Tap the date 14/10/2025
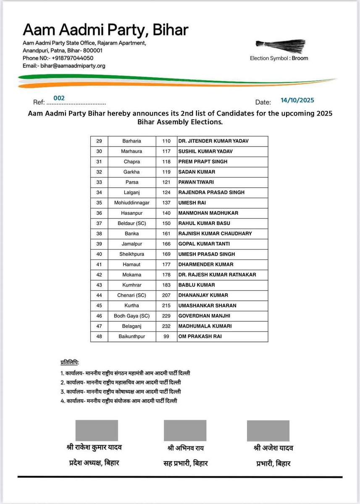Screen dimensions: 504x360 click(x=297, y=100)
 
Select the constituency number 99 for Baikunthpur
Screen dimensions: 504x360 click(x=166, y=336)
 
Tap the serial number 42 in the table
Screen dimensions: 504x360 click(x=99, y=275)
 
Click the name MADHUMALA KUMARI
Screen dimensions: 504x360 click(x=205, y=326)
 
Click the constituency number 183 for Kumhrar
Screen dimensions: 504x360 click(x=166, y=285)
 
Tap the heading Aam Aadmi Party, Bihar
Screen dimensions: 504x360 click(x=105, y=30)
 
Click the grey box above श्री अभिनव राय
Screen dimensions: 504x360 click(x=185, y=430)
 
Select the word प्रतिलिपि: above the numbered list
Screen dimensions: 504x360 click(x=70, y=362)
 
